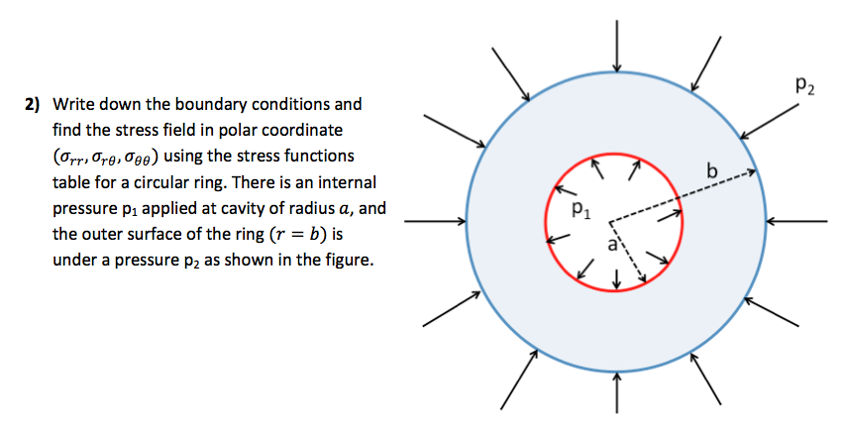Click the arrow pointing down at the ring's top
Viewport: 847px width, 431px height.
pos(616,46)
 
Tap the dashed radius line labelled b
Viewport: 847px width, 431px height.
pos(684,195)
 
